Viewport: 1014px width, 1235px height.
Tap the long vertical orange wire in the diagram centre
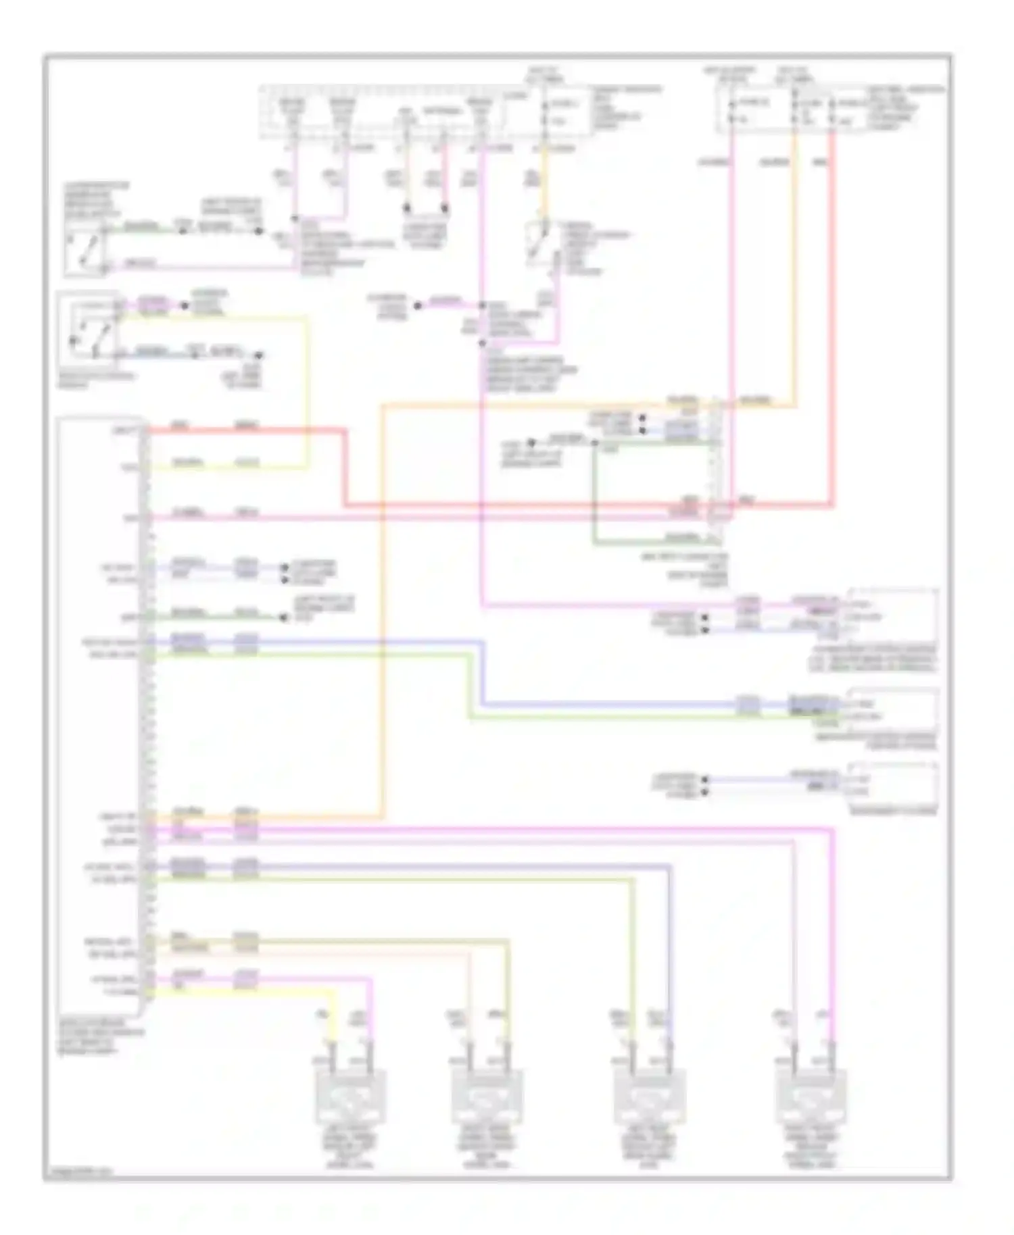383,608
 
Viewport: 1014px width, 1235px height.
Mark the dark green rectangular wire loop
594,493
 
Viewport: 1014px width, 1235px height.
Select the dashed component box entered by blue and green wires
892,709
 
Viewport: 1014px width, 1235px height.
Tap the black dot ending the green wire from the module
282,616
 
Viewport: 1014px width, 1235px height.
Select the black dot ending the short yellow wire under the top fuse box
408,209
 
